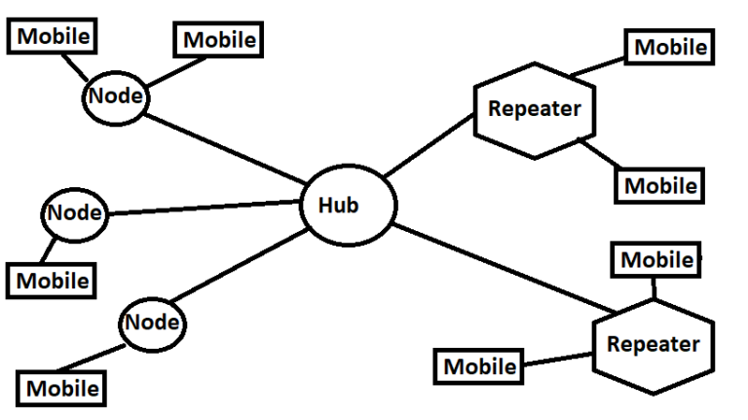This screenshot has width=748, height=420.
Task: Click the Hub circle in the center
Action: (x=348, y=206)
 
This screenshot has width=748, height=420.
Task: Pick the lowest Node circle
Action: (x=152, y=323)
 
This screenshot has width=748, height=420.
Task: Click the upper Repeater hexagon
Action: (x=533, y=109)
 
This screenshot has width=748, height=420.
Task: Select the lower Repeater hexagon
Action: (x=652, y=344)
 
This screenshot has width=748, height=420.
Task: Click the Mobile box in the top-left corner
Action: (x=55, y=37)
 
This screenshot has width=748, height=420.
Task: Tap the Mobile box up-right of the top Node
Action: (x=219, y=40)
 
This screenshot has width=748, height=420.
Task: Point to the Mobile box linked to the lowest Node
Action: (x=62, y=388)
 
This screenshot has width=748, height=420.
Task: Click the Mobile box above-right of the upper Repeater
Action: (x=670, y=46)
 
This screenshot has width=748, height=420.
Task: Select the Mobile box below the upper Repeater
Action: (x=659, y=185)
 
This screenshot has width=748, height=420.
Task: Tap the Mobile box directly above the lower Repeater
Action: (x=656, y=260)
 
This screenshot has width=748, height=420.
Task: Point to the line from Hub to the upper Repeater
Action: (x=429, y=146)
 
